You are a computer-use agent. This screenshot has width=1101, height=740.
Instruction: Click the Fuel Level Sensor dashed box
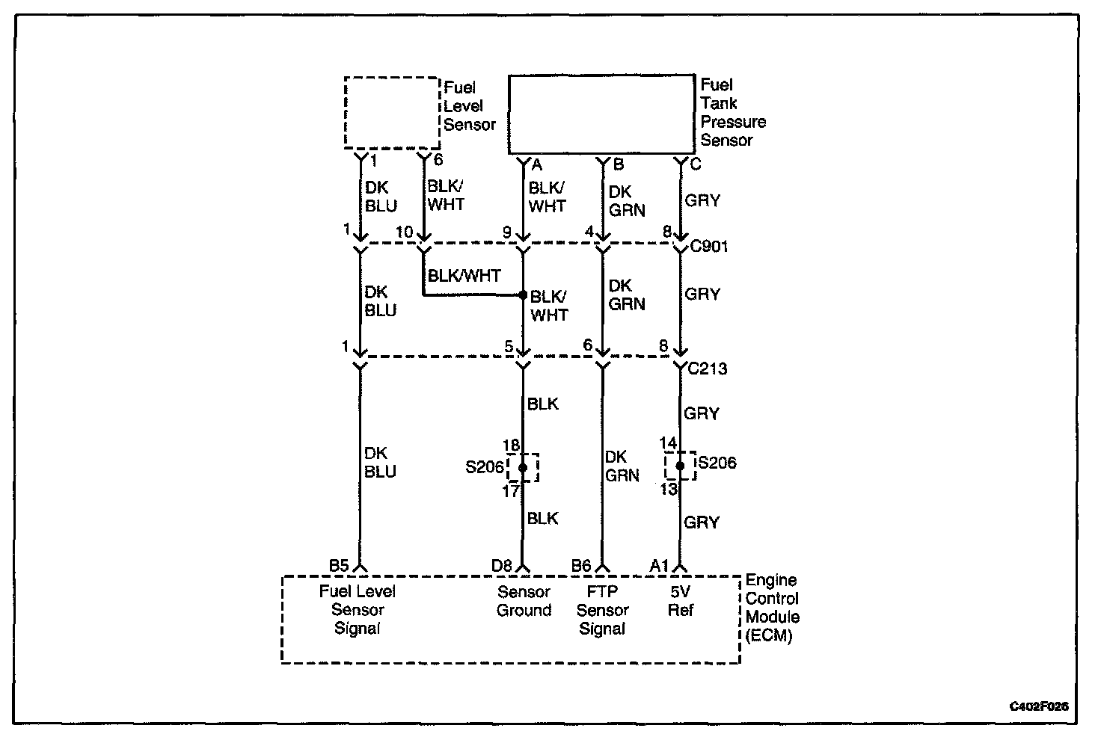coord(391,112)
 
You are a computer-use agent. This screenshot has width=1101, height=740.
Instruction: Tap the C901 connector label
coord(708,247)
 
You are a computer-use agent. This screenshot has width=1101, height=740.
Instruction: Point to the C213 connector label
coord(707,369)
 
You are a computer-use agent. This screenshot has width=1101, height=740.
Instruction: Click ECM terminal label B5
coord(339,566)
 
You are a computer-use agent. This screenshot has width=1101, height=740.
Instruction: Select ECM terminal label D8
coord(501,566)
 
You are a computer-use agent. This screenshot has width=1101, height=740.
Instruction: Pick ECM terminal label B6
coord(581,566)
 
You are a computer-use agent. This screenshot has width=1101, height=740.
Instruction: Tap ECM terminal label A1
coord(659,566)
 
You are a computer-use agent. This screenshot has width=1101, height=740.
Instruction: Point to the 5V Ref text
coord(681,601)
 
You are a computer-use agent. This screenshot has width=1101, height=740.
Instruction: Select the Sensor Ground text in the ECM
coord(524,601)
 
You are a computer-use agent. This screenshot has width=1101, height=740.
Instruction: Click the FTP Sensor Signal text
coord(602,610)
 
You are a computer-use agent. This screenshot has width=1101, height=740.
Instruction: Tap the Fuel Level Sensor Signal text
coord(358,610)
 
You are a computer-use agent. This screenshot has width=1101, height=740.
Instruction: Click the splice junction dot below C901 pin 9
coord(523,295)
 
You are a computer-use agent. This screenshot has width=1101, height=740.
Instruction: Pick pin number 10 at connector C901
coord(404,232)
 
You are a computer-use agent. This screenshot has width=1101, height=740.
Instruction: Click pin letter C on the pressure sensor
coord(695,164)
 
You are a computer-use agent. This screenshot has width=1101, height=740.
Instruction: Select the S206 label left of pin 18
coord(484,468)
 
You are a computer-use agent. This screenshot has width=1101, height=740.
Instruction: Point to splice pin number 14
coord(668,443)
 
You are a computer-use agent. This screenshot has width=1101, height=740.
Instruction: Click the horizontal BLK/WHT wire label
coord(464,276)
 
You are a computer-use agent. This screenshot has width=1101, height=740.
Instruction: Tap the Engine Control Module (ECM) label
coord(772,608)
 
